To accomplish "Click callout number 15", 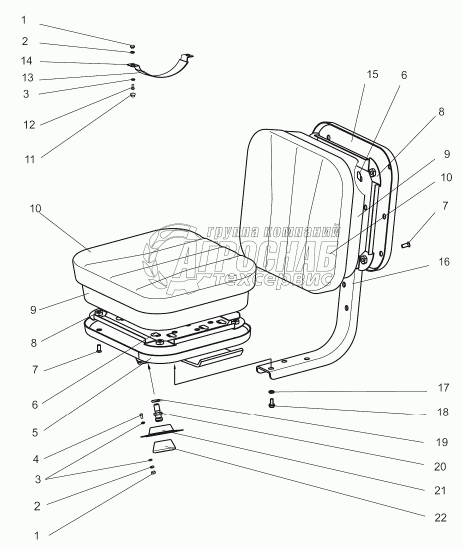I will pos(372,75).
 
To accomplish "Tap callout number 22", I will pos(440,517).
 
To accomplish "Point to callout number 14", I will pos(26,61).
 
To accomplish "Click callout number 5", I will pos(34,432).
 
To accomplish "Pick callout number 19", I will pos(440,442).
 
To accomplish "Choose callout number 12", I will pos(29,125).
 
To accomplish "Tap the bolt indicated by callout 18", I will pos(271,403).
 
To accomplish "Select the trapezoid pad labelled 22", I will pos(163,446).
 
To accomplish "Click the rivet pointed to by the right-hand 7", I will pos(405,244).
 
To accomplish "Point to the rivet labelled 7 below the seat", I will pos(98,348).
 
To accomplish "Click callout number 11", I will pos(29,159).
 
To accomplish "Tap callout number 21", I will pos(440,491).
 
